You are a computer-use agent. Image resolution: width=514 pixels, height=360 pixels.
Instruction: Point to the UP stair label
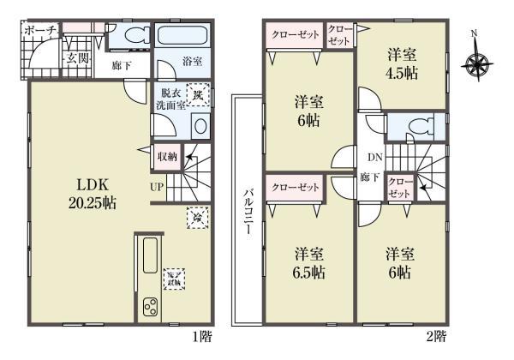[x=159, y=185]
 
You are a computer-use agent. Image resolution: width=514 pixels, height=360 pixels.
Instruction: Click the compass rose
[x=476, y=62]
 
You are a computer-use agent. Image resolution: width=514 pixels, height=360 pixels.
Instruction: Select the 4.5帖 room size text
[x=401, y=73]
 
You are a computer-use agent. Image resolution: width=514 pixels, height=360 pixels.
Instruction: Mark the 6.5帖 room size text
[x=308, y=273]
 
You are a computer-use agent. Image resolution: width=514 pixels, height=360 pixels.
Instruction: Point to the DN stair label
[x=374, y=158]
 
